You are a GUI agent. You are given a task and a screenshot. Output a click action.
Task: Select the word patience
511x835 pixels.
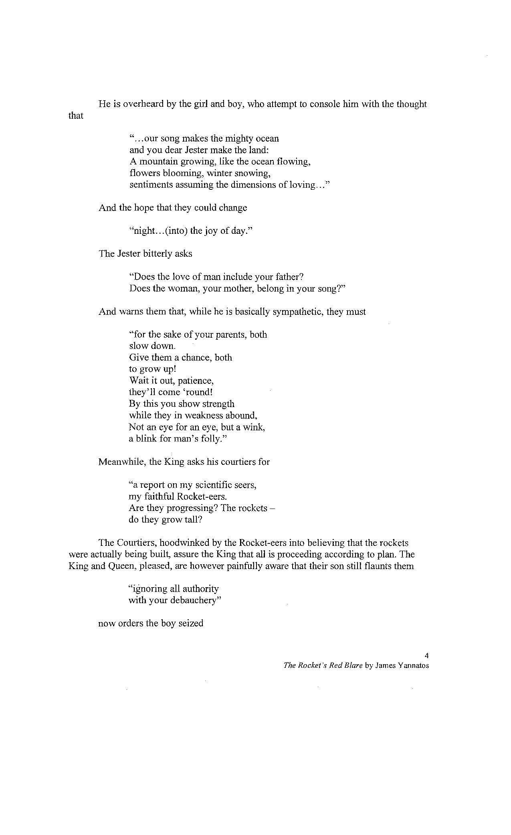(196, 381)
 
